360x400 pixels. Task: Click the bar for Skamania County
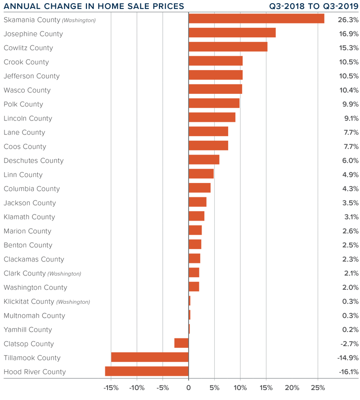pyautogui.click(x=256, y=18)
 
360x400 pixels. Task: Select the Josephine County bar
pyautogui.click(x=232, y=33)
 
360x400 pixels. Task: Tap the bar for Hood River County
pyautogui.click(x=147, y=371)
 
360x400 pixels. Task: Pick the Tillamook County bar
pyautogui.click(x=149, y=357)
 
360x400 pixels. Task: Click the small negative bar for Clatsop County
pyautogui.click(x=181, y=343)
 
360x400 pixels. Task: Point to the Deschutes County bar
pyautogui.click(x=204, y=160)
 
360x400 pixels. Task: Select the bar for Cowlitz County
pyautogui.click(x=228, y=47)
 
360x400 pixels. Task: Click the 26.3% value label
pyautogui.click(x=348, y=20)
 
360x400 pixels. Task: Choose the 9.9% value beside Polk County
pyautogui.click(x=350, y=104)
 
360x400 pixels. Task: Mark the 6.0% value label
pyautogui.click(x=350, y=160)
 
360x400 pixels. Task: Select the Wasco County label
pyautogui.click(x=27, y=90)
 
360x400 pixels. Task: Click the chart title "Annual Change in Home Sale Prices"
pyautogui.click(x=94, y=6)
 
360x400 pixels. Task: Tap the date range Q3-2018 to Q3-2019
pyautogui.click(x=314, y=6)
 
